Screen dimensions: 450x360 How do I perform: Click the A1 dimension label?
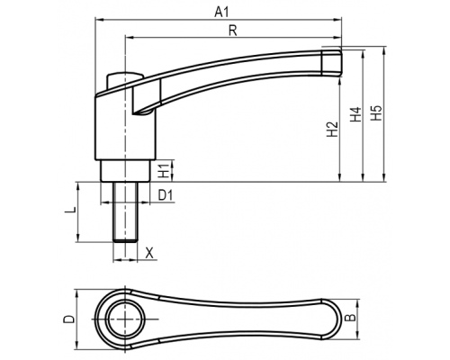(x=222, y=13)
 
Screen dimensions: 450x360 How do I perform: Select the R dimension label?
(x=233, y=31)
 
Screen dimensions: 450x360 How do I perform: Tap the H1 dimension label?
(x=164, y=171)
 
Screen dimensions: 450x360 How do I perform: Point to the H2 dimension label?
(x=332, y=130)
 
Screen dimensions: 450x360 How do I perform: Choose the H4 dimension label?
(x=355, y=114)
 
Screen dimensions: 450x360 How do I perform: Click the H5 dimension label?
(x=376, y=113)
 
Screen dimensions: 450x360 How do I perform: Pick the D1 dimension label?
(x=166, y=195)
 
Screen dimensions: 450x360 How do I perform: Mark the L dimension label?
(x=70, y=211)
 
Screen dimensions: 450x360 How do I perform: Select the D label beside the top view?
(x=68, y=319)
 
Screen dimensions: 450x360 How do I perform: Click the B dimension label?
(x=350, y=318)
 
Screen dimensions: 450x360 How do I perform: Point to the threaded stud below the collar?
(x=125, y=211)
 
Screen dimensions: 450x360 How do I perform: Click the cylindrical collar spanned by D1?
(x=125, y=171)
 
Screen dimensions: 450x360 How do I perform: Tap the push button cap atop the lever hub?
(x=123, y=78)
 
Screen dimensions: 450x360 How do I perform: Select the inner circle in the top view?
(x=125, y=319)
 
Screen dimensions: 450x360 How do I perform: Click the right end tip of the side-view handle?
(x=342, y=62)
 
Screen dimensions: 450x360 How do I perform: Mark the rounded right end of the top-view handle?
(x=341, y=319)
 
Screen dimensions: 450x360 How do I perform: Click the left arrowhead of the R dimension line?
(x=129, y=38)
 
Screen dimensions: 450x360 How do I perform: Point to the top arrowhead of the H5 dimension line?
(x=383, y=49)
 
